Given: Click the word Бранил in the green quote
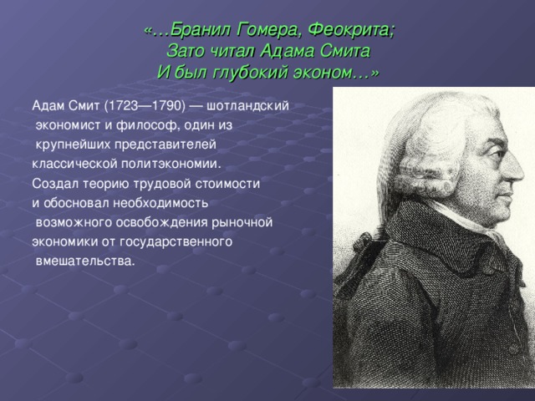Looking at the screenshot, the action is pyautogui.click(x=200, y=30).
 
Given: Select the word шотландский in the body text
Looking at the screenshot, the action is pyautogui.click(x=247, y=106).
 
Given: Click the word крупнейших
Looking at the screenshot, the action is pyautogui.click(x=73, y=145).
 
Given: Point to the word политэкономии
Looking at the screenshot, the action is pyautogui.click(x=171, y=164).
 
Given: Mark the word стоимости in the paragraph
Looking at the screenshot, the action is pyautogui.click(x=227, y=184).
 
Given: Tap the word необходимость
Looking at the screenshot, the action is pyautogui.click(x=160, y=203).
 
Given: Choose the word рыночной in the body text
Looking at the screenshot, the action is pyautogui.click(x=242, y=223).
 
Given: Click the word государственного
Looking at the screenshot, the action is pyautogui.click(x=176, y=242).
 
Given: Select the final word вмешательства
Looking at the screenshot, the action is pyautogui.click(x=85, y=261).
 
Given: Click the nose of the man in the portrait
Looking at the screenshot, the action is pyautogui.click(x=514, y=169).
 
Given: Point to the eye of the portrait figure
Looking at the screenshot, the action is pyautogui.click(x=497, y=153).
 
